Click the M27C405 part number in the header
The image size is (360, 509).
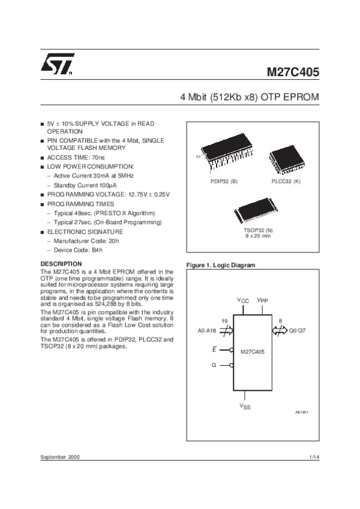(293, 73)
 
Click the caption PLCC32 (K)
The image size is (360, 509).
(286, 180)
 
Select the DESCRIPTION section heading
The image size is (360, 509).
(61, 264)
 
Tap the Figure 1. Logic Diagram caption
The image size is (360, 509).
(221, 265)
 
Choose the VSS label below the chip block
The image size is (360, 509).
(245, 406)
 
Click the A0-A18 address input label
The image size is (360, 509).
(206, 330)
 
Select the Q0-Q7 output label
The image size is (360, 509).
(298, 330)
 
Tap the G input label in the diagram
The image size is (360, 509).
(214, 365)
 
